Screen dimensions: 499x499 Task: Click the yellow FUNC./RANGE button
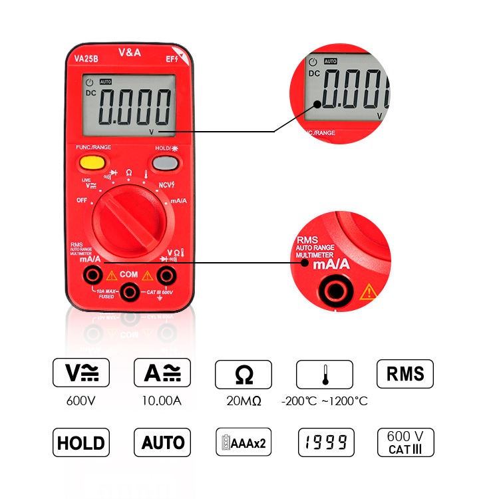click(91, 162)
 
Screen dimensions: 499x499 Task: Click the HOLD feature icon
click(81, 442)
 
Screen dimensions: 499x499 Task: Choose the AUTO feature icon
click(162, 442)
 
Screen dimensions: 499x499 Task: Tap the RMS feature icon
click(405, 373)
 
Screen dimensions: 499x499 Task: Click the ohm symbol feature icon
click(244, 374)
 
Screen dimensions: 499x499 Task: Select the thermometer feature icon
click(325, 374)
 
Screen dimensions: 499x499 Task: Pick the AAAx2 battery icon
click(243, 442)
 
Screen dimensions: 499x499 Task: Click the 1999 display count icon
click(325, 442)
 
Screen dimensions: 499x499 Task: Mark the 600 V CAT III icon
click(405, 442)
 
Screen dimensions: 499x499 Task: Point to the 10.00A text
click(162, 401)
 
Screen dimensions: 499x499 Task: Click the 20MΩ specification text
click(243, 401)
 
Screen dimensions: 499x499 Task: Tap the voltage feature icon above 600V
click(81, 373)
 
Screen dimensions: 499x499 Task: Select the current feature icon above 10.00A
click(162, 373)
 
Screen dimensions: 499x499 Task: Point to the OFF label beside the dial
click(82, 200)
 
